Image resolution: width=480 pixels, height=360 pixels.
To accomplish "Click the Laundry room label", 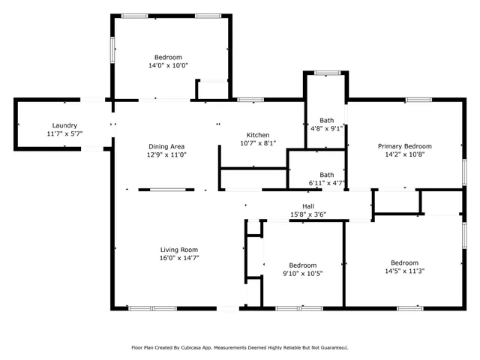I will pyautogui.click(x=64, y=125).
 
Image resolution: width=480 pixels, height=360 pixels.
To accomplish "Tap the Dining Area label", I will pyautogui.click(x=167, y=146).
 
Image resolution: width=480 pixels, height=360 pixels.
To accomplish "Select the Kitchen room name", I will pyautogui.click(x=258, y=135).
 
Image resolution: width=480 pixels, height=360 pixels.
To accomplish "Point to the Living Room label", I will pyautogui.click(x=178, y=250).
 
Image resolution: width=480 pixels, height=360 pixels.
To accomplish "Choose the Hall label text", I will pyautogui.click(x=307, y=206).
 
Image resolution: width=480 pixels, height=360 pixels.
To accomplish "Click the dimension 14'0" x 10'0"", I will pyautogui.click(x=168, y=65).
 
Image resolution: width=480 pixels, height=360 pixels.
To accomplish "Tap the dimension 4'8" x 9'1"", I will pyautogui.click(x=327, y=128).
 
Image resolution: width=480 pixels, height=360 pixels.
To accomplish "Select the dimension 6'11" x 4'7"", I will pyautogui.click(x=326, y=182).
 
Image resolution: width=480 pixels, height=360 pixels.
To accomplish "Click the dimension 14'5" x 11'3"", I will pyautogui.click(x=404, y=271).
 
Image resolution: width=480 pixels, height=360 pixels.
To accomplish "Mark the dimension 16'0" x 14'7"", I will pyautogui.click(x=178, y=258).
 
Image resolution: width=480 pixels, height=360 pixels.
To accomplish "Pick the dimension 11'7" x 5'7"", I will pyautogui.click(x=64, y=133).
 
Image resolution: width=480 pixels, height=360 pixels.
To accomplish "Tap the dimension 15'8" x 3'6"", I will pyautogui.click(x=307, y=214).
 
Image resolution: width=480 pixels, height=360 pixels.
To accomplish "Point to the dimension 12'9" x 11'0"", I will pyautogui.click(x=167, y=154).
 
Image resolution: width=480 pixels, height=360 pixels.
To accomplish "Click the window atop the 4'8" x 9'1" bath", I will pyautogui.click(x=326, y=73).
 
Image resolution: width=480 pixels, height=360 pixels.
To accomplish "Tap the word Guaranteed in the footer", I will pyautogui.click(x=331, y=348).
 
